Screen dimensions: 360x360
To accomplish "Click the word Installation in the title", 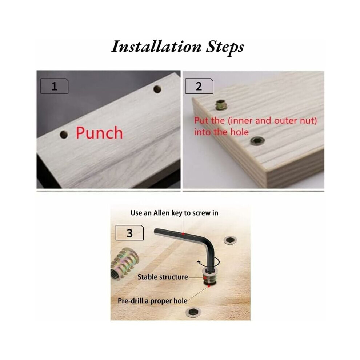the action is point(156,47).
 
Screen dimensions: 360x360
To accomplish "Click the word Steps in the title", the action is point(225,48).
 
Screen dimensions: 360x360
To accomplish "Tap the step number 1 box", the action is point(54,86).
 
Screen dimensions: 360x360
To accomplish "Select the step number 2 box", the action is point(199,86).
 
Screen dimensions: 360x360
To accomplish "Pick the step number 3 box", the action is point(129,233).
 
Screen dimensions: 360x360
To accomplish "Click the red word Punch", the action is point(99,133).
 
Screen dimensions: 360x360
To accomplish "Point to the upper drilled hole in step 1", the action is point(157,89).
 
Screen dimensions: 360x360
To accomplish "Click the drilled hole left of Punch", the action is point(64,135).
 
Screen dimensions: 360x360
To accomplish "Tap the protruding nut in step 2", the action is point(220,105).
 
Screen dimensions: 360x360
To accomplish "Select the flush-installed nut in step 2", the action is point(257,141).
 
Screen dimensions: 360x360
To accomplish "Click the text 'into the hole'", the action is point(221,132).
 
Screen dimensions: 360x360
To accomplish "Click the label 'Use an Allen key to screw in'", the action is point(174,213).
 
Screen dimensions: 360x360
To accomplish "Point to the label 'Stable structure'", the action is point(163,277).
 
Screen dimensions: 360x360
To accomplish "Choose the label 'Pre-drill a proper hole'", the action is point(152,301).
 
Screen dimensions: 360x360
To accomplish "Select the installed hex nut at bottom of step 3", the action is point(193,312).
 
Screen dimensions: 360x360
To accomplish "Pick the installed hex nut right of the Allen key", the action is point(230,240).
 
